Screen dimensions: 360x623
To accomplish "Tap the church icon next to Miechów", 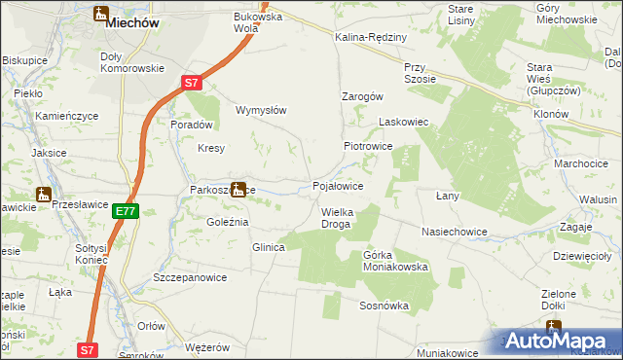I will (101, 14).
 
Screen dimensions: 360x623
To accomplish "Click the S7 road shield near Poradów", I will (193, 85).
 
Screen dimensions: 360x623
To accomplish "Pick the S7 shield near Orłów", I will (88, 348).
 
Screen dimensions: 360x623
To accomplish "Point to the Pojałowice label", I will (338, 185).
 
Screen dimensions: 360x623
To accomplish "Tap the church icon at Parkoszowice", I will (238, 189).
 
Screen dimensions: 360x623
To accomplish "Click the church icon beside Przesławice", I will (44, 194).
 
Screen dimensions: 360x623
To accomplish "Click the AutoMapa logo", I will (559, 341).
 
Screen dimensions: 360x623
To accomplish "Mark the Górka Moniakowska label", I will (395, 260).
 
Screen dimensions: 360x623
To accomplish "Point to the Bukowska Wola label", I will (257, 22).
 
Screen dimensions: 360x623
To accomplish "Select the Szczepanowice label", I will (190, 277).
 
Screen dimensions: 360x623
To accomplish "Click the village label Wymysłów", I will (262, 110).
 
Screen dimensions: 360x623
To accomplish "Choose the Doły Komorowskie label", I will (131, 62).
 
